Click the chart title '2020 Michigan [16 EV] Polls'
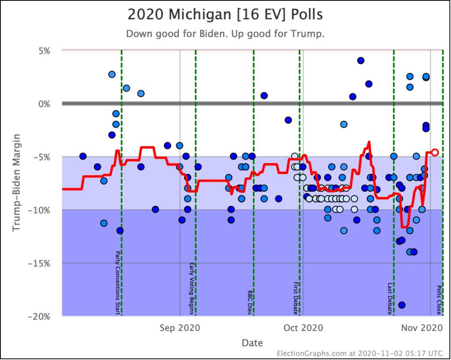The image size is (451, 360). click(225, 15)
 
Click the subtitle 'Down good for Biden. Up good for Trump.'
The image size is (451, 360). click(225, 34)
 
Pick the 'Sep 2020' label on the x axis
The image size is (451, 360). click(180, 328)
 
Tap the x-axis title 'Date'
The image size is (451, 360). click(252, 342)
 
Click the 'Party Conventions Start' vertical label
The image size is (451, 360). click(117, 283)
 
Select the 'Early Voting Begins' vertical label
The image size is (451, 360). click(192, 289)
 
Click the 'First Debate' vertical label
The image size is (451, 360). click(296, 298)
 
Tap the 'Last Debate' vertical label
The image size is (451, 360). click(390, 298)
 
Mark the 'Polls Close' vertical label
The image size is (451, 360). click(439, 300)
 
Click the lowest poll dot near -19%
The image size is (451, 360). click(402, 305)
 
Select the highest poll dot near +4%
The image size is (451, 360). click(361, 60)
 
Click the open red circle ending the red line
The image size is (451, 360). click(435, 152)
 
